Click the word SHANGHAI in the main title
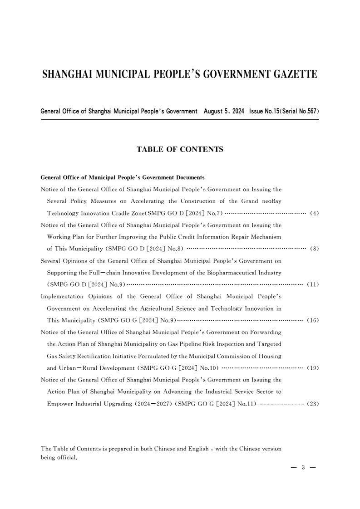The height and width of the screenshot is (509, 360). click(x=68, y=74)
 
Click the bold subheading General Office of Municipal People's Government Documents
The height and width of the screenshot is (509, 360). click(x=123, y=177)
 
